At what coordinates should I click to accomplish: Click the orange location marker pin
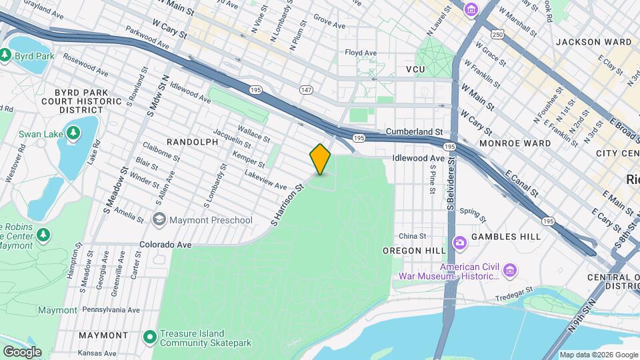pyautogui.click(x=320, y=159)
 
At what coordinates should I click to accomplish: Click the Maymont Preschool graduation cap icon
pyautogui.click(x=159, y=219)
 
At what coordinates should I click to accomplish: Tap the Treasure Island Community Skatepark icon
pyautogui.click(x=149, y=338)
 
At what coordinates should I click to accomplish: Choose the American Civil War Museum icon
pyautogui.click(x=510, y=270)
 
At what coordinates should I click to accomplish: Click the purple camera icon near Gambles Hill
pyautogui.click(x=459, y=243)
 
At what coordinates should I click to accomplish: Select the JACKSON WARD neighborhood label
pyautogui.click(x=593, y=42)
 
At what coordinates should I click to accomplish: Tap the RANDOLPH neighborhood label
pyautogui.click(x=192, y=142)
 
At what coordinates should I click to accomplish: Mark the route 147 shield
pyautogui.click(x=306, y=89)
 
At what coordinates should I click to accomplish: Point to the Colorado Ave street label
pyautogui.click(x=165, y=245)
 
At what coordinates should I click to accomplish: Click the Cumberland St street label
pyautogui.click(x=414, y=133)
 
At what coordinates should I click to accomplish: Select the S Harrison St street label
pyautogui.click(x=287, y=204)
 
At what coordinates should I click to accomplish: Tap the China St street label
pyautogui.click(x=413, y=236)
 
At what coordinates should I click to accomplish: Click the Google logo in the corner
pyautogui.click(x=22, y=351)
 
